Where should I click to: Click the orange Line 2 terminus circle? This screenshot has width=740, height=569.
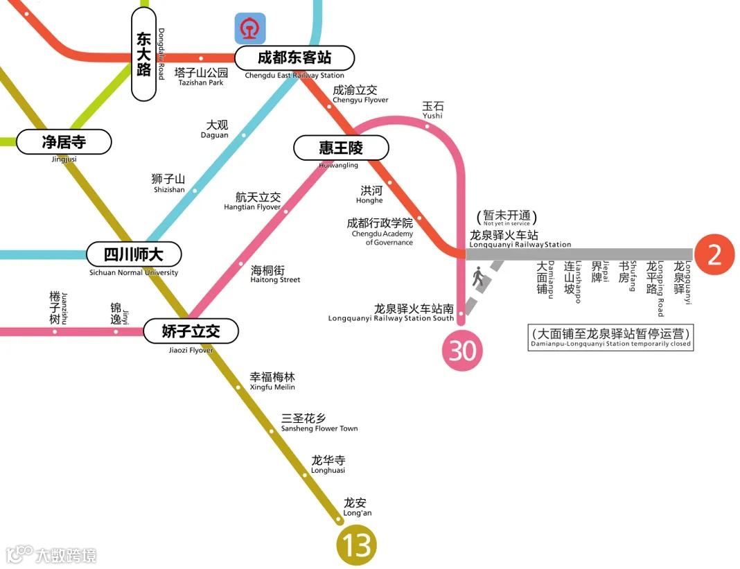714,254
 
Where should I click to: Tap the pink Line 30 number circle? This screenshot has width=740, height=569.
462,351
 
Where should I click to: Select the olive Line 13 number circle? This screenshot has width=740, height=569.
357,545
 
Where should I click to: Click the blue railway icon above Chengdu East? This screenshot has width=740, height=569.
249,29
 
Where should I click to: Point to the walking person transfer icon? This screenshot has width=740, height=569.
478,278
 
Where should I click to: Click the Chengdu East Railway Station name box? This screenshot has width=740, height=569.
294,58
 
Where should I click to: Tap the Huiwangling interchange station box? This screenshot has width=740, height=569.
341,148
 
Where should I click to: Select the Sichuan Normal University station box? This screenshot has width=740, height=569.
134,254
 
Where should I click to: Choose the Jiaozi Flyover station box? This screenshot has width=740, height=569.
191,331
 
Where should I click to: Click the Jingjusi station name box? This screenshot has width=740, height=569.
64,142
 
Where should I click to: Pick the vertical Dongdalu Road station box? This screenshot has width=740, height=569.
143,55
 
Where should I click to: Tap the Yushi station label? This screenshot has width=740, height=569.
432,110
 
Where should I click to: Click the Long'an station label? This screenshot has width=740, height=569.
356,507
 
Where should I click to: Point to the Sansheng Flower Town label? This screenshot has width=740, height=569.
319,423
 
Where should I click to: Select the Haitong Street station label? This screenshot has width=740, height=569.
274,274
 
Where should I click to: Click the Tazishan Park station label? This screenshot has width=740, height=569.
201,76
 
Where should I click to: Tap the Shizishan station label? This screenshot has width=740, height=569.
168,184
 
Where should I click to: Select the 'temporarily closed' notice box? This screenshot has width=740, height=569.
610,338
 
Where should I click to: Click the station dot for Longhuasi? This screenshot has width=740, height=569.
305,475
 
